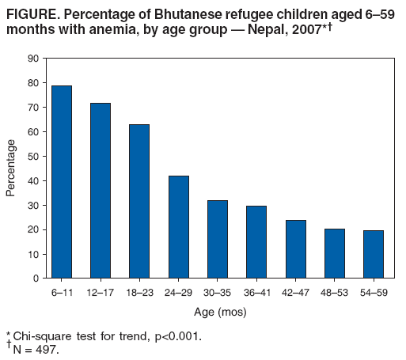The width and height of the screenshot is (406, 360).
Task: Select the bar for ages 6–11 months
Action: point(62,182)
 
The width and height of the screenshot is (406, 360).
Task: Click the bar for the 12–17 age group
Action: point(101,191)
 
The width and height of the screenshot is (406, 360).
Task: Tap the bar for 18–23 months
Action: point(139,201)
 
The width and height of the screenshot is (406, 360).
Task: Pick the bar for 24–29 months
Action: point(178,227)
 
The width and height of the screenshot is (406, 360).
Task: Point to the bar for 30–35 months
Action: point(217,239)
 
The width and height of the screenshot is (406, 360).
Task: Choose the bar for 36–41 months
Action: point(256,242)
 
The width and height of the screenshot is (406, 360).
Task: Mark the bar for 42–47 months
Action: point(295,249)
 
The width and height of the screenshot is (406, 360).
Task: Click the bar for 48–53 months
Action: point(334,253)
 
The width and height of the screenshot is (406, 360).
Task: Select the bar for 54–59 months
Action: point(373,254)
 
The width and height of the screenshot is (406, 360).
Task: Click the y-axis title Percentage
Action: point(11,168)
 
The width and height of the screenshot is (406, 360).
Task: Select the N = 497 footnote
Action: point(36,348)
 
